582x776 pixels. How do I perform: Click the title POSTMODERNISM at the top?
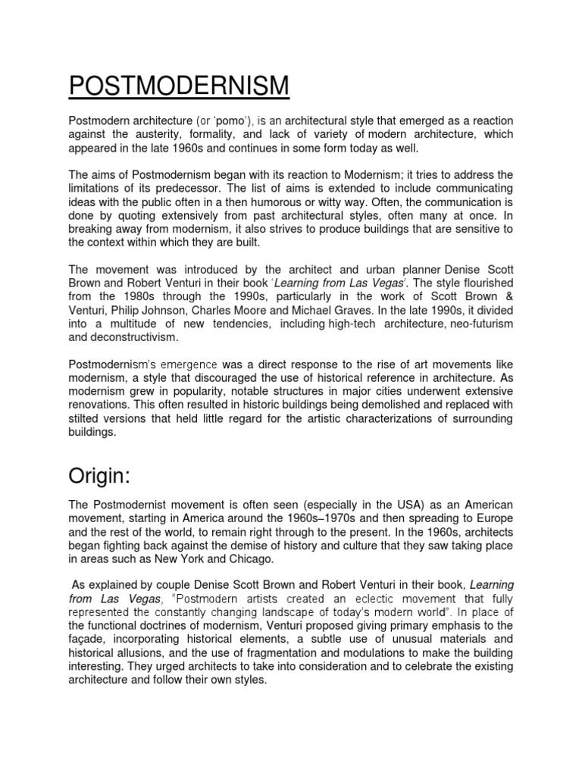[x=179, y=86]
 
